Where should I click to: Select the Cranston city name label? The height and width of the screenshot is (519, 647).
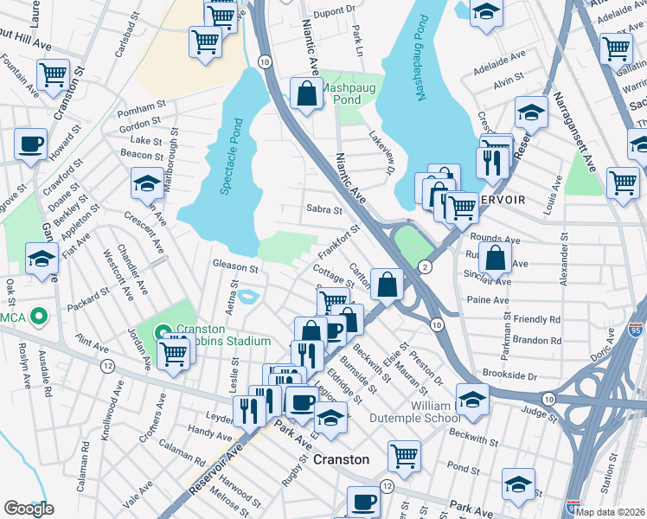341,459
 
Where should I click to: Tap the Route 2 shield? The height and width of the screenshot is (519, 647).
424,266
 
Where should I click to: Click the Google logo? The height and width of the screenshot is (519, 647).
29,509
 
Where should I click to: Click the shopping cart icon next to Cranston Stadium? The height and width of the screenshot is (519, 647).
175,353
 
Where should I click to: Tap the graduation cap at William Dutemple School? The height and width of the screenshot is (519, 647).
472,399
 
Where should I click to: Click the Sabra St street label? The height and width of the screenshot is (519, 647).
324,209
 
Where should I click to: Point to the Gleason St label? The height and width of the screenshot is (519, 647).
236,269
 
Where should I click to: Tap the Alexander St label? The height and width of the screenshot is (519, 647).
564,257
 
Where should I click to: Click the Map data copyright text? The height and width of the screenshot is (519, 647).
611,511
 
